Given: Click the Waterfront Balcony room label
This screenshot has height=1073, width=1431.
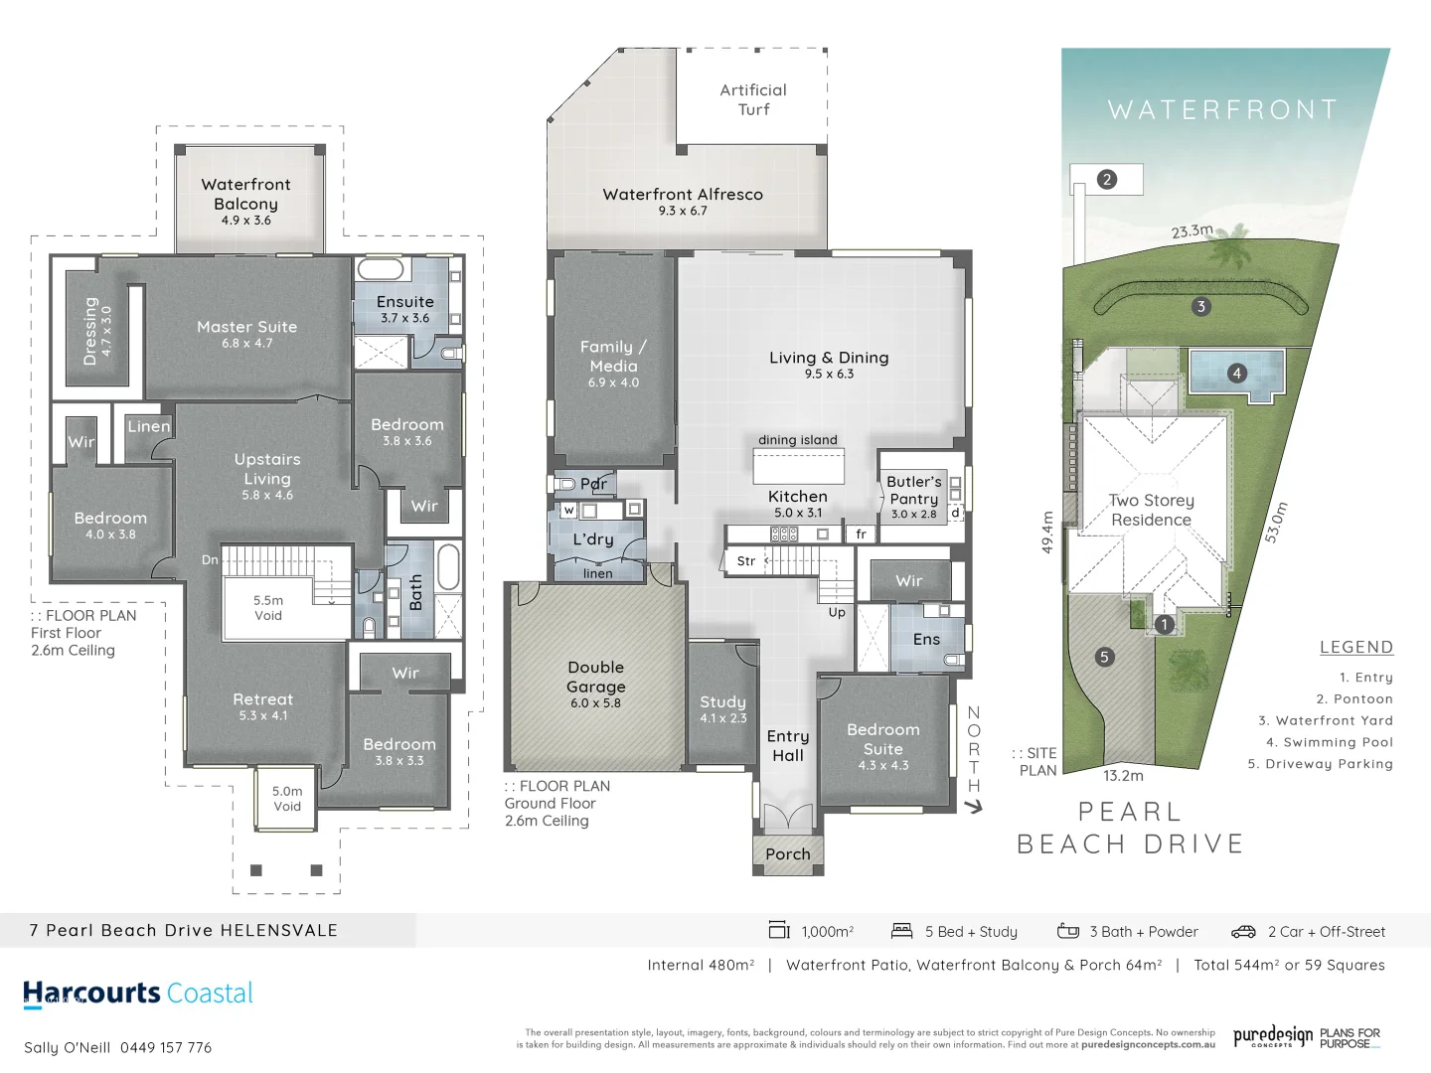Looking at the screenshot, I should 246,195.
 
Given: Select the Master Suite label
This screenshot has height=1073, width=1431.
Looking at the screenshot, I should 246,328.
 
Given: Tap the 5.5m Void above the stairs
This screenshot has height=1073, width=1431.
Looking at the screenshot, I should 268,608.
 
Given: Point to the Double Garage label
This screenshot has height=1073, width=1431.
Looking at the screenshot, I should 596,678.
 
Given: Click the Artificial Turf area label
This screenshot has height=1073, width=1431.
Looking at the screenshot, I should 753,99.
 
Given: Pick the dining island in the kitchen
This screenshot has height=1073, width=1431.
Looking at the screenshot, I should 798,465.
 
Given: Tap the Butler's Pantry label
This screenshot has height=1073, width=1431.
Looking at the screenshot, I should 914,491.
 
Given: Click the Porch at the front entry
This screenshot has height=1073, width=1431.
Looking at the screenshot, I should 788,854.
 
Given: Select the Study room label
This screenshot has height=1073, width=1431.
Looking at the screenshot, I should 722,702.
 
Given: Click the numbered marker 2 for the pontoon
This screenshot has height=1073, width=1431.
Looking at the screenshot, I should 1107,179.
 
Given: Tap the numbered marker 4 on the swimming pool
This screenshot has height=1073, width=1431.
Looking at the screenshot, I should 1236,374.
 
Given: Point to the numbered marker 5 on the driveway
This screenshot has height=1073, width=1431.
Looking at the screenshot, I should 1104,657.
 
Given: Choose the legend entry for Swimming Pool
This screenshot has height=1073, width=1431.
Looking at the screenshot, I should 1330,742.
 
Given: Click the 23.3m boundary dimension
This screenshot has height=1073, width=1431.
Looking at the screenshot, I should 1192,231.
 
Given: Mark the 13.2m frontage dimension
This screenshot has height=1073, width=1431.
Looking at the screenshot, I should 1123,775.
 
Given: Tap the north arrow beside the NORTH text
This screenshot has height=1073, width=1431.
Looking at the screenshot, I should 974,807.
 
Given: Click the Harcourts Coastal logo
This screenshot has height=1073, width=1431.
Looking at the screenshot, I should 138,994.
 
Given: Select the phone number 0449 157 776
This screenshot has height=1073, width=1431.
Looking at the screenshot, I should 166,1047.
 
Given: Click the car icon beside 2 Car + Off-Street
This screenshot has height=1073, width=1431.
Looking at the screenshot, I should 1243,932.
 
